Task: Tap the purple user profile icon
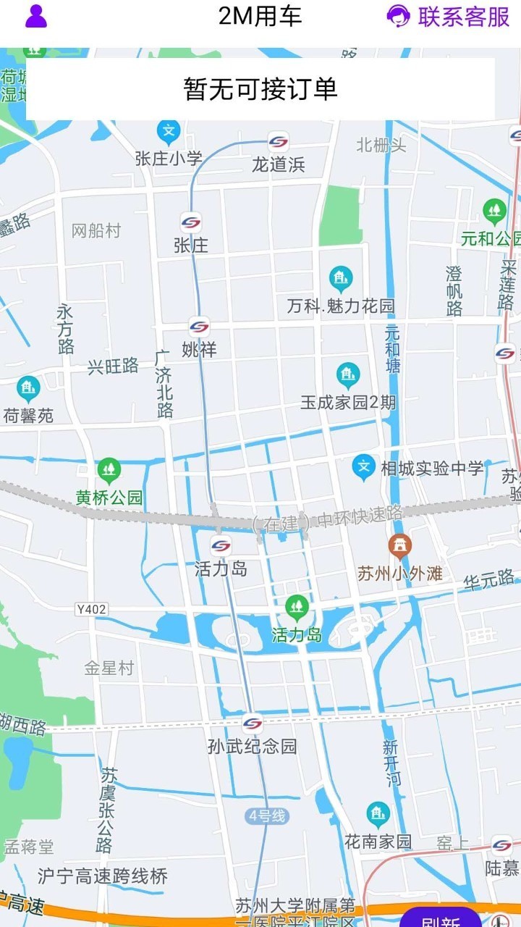click(x=36, y=16)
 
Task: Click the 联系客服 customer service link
click(x=449, y=16)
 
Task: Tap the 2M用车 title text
click(x=260, y=16)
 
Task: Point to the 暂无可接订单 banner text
click(x=260, y=89)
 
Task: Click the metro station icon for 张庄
click(x=191, y=222)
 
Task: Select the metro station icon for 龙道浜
click(x=278, y=141)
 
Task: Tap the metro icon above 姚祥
click(x=199, y=327)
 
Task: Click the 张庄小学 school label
click(x=169, y=159)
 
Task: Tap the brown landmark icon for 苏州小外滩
click(x=399, y=547)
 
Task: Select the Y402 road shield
click(x=91, y=610)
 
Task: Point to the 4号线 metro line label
click(x=267, y=816)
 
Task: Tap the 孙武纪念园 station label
click(x=253, y=746)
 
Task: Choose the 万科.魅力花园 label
click(x=341, y=306)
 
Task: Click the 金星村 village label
click(x=109, y=668)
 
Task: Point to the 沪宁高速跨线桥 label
click(x=103, y=876)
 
